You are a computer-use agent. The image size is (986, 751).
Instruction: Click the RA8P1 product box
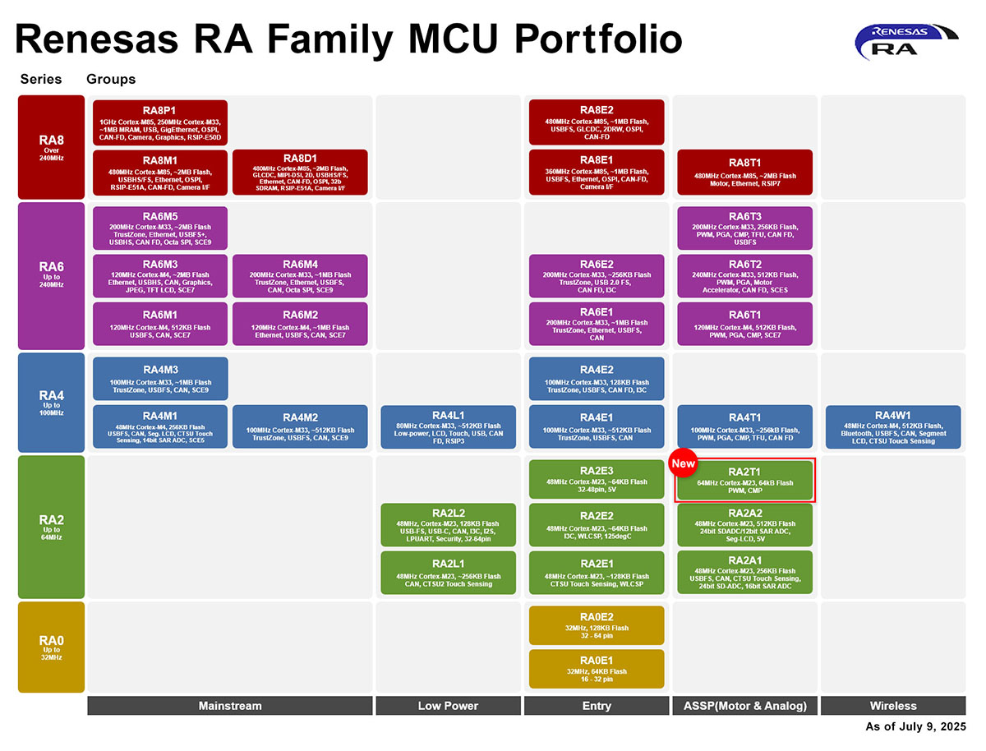[160, 122]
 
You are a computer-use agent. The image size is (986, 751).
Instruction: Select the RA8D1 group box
[300, 172]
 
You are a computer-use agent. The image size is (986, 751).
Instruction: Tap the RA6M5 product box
[160, 228]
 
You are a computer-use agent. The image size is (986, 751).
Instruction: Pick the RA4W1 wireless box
[892, 426]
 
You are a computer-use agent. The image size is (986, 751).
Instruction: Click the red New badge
[683, 463]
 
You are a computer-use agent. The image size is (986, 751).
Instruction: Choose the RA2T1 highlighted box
[744, 481]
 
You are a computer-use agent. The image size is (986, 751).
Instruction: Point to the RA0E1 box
[597, 668]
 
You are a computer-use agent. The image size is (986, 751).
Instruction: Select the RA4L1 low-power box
[448, 426]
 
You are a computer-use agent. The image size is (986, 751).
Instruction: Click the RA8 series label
[51, 146]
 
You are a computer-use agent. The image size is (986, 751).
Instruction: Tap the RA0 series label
[51, 645]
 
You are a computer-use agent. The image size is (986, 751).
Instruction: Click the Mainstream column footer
[230, 706]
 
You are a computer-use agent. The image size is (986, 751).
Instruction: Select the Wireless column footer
[893, 706]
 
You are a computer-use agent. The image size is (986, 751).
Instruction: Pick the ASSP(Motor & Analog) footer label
[745, 706]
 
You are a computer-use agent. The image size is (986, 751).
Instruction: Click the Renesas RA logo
[906, 41]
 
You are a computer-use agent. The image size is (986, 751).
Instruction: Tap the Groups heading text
[111, 80]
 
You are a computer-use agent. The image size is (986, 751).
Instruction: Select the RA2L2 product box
[448, 524]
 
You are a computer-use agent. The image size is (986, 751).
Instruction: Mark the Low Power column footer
[448, 706]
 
